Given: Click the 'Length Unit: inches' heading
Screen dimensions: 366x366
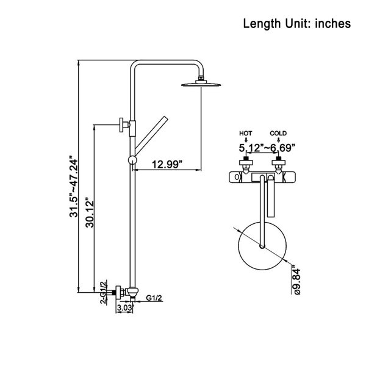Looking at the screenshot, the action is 296,24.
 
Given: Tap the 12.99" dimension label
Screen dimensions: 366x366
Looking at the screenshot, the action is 167,164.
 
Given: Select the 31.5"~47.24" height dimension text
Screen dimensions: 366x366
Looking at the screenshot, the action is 73,188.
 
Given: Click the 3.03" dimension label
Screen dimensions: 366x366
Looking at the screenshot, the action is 125,308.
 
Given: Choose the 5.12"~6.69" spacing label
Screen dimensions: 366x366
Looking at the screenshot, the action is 267,148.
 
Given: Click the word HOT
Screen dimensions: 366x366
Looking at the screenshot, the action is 245,133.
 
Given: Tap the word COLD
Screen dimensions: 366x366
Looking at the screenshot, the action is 278,133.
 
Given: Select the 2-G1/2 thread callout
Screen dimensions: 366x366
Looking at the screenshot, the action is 103,292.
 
